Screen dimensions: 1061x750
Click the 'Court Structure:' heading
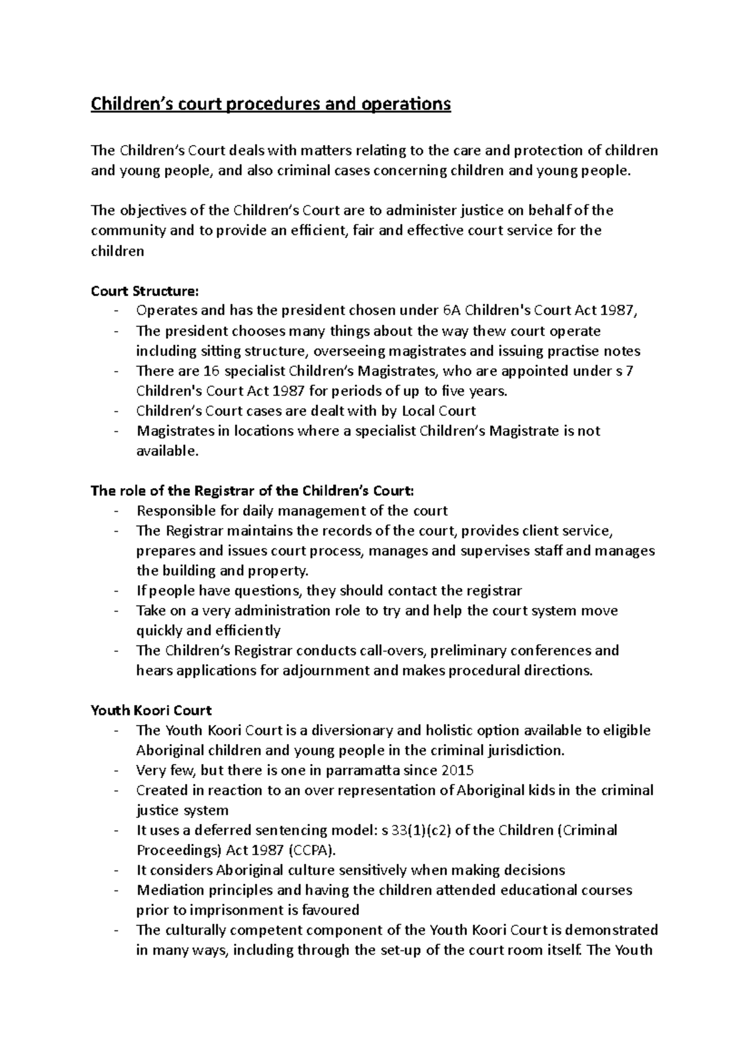click(144, 291)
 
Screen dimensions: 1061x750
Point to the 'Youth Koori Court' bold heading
click(151, 710)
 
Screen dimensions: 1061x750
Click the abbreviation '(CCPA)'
click(314, 850)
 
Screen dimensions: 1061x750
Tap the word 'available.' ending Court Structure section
click(167, 451)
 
